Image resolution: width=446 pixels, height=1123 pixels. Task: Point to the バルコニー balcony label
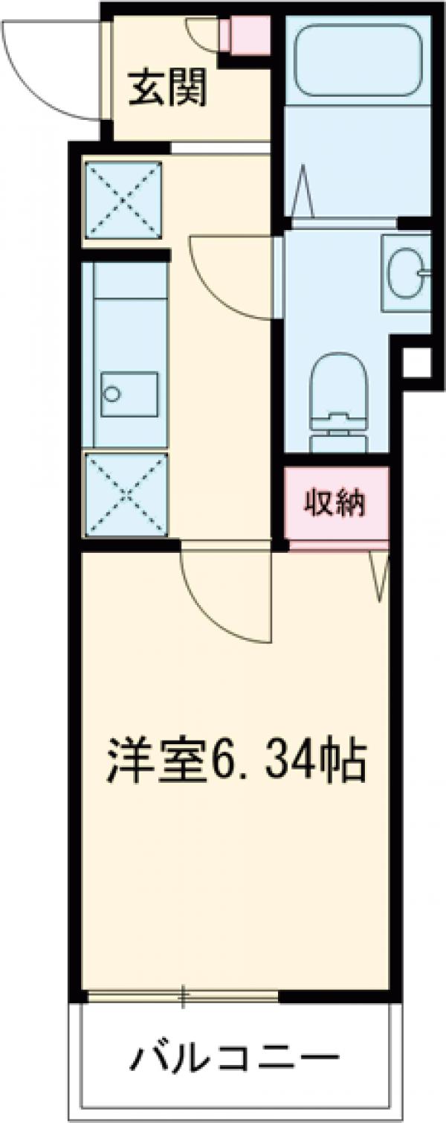pos(237,1058)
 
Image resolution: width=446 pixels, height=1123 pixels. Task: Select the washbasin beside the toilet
pos(405,272)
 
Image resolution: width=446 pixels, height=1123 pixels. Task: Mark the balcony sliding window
pos(182,996)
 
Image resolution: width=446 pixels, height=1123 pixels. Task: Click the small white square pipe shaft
pos(416,362)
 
